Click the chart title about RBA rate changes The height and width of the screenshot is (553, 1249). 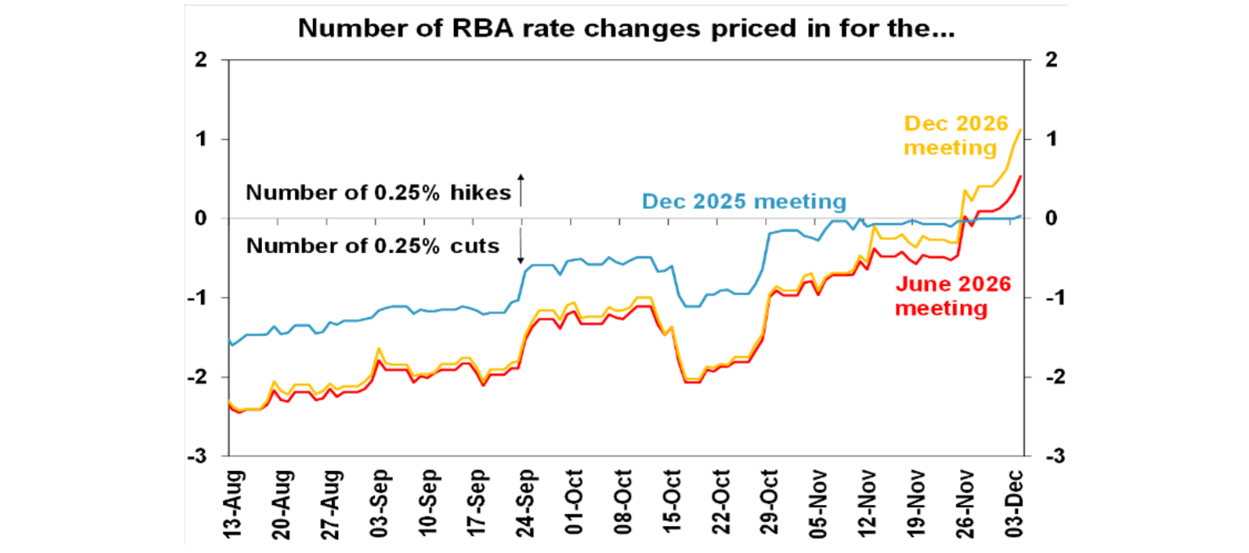[624, 28]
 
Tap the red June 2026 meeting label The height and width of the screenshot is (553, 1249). [953, 297]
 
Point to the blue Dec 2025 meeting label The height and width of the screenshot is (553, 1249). [744, 200]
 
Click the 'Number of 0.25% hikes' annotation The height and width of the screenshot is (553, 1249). [378, 193]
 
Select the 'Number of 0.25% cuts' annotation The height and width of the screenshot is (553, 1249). [372, 245]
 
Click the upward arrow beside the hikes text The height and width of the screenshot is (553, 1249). [521, 189]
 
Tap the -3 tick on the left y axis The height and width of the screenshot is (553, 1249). [198, 457]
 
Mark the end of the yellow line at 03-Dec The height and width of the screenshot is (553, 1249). [1021, 129]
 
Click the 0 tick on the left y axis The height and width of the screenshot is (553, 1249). [202, 219]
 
